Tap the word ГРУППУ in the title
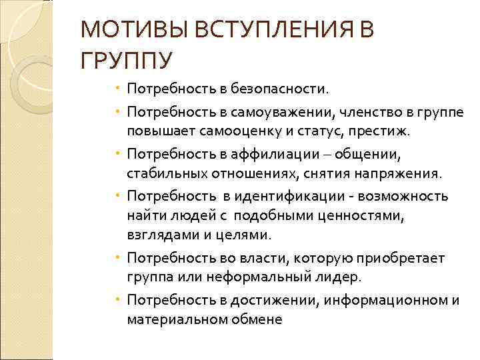[x=126, y=62]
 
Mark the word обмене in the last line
[x=257, y=319]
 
